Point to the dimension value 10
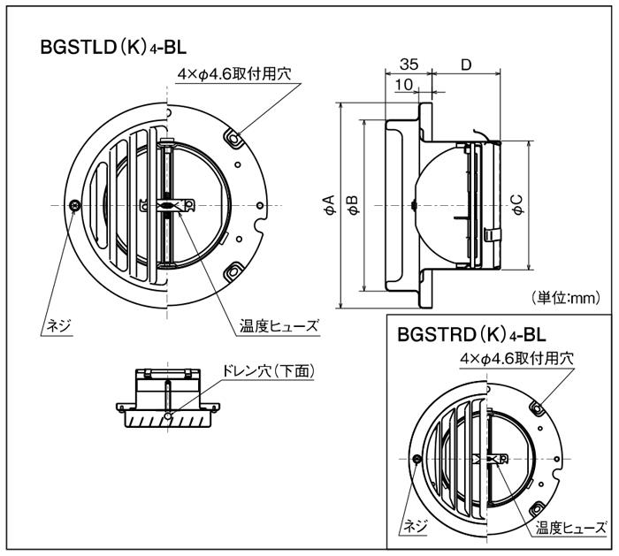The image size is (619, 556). click(x=404, y=84)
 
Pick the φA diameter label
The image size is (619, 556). click(x=329, y=207)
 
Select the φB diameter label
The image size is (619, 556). click(x=353, y=207)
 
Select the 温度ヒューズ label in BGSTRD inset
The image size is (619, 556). click(x=569, y=528)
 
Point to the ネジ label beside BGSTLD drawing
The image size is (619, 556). click(x=60, y=325)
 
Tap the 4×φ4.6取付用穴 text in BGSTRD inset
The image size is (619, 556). click(x=517, y=358)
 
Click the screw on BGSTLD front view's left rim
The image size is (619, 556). click(x=75, y=205)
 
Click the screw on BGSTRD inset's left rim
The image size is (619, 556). click(x=417, y=457)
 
